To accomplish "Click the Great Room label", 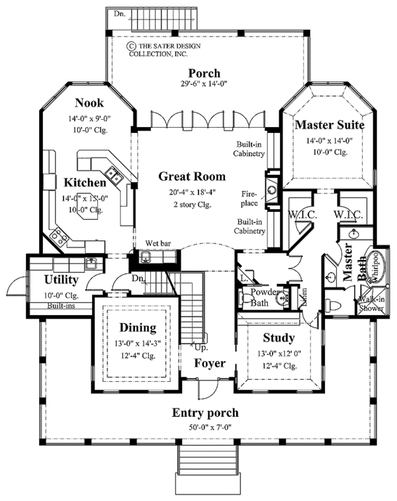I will point(192,177).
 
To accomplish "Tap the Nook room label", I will point(88,103).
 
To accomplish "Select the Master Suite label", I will point(330,124).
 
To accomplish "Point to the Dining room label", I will point(138,327).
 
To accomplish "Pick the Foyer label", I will point(210,363).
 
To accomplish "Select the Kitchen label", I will point(85,183).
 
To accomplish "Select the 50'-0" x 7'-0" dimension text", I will point(205,426).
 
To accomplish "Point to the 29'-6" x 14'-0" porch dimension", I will point(204,85).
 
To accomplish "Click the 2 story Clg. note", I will point(191,205).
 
